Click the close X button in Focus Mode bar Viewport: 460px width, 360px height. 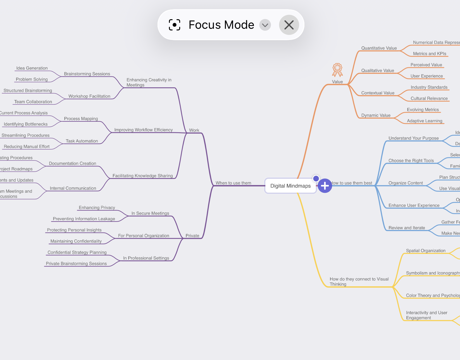pos(289,25)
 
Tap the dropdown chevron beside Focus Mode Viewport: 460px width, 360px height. pos(265,25)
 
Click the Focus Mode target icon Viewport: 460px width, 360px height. pos(175,25)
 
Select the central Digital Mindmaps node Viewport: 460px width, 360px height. pos(290,186)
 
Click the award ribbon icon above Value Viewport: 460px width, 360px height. pos(337,70)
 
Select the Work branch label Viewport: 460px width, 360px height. pos(194,130)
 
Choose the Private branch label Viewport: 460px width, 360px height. pos(192,236)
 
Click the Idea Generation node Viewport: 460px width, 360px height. pos(32,68)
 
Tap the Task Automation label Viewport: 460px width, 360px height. pos(82,141)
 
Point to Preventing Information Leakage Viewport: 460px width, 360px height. pos(84,219)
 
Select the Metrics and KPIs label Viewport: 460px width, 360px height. pos(429,54)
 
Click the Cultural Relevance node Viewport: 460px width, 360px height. pos(429,99)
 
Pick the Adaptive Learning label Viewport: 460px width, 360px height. pos(424,121)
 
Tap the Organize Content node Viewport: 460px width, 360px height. pos(406,183)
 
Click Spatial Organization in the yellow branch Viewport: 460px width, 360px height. pos(425,251)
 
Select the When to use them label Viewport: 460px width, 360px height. pos(233,183)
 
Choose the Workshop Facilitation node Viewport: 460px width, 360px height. pos(89,96)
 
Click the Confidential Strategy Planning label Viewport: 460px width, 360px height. pos(77,253)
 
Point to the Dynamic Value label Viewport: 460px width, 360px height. pos(376,115)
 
